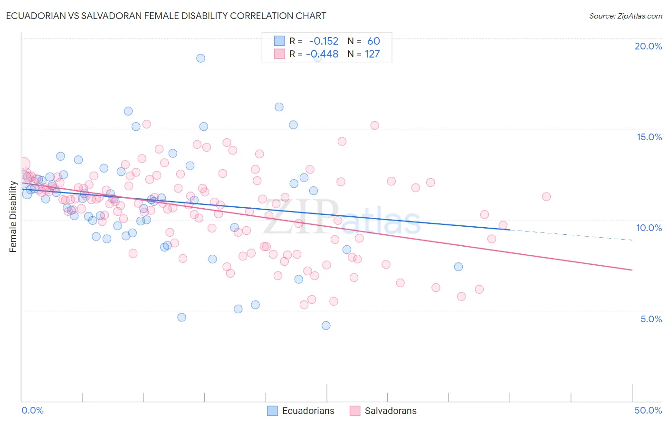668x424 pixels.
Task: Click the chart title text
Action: (166, 16)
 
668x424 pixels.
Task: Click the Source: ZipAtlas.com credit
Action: (625, 16)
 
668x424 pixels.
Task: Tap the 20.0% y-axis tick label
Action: (648, 46)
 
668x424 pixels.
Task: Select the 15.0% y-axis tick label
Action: (649, 137)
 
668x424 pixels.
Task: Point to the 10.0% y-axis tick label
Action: (649, 228)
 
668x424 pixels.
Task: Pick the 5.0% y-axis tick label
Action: (651, 319)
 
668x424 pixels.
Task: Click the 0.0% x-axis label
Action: (32, 410)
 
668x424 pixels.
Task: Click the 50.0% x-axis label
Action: (648, 410)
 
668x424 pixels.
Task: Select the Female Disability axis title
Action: (13, 217)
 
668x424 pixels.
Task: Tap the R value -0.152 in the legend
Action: (324, 41)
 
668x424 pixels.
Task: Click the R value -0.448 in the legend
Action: (323, 54)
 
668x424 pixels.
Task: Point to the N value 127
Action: (372, 54)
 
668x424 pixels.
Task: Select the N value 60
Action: (373, 41)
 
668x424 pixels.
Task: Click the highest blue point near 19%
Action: (200, 58)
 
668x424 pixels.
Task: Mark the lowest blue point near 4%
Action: (326, 326)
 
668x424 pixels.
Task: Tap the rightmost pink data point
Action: (546, 197)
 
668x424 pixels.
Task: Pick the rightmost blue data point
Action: (458, 267)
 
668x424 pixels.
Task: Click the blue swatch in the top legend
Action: (279, 41)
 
